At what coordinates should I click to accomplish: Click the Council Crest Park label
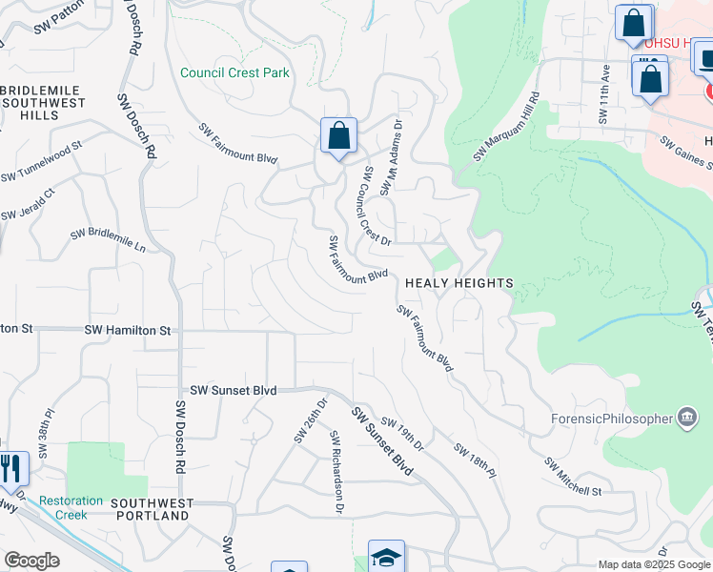(x=234, y=73)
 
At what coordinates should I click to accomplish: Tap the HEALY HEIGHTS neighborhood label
(x=459, y=283)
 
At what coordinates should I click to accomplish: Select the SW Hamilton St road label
(x=128, y=330)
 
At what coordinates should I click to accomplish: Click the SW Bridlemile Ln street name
(x=108, y=239)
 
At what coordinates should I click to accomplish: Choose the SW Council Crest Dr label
(x=377, y=206)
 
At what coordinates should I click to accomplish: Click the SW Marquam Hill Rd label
(x=506, y=128)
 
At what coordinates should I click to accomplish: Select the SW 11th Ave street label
(x=604, y=94)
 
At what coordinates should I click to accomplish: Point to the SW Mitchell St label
(x=573, y=477)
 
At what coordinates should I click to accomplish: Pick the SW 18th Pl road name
(x=475, y=460)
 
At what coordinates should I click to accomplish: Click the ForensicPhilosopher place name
(x=612, y=419)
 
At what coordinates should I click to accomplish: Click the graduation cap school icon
(x=386, y=557)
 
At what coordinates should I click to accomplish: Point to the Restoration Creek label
(x=71, y=507)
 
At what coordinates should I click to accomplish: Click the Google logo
(x=31, y=561)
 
